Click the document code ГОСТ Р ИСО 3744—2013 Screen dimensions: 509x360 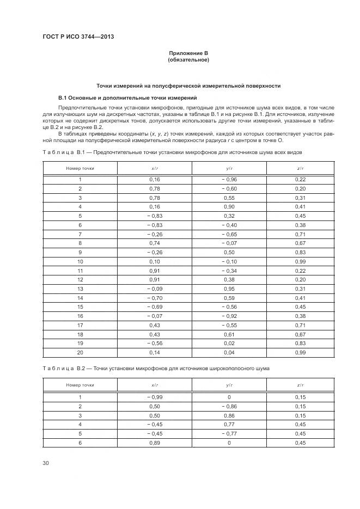click(78, 36)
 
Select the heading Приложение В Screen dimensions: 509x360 click(188, 53)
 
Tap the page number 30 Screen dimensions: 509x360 click(46, 463)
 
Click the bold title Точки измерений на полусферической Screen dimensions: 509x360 click(188, 86)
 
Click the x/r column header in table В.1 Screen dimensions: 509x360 click(155, 168)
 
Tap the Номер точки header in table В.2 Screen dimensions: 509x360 click(80, 385)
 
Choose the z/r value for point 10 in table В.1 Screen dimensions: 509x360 click(301, 262)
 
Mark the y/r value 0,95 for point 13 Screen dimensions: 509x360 click(229, 289)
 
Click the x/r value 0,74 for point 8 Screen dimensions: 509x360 click(155, 243)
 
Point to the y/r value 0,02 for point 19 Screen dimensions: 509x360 click(229, 344)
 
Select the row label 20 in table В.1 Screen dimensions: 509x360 click(80, 353)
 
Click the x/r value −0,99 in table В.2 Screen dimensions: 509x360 click(155, 397)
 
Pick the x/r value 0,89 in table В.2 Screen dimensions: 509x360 click(155, 443)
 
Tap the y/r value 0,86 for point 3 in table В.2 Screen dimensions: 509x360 click(229, 415)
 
